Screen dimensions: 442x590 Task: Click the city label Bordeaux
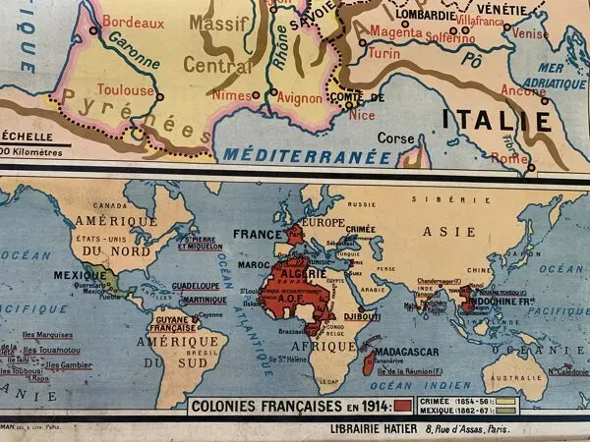point(133,21)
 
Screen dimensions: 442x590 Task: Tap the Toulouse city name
point(127,90)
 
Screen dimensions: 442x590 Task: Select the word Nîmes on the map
point(231,95)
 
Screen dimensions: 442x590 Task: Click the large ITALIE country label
point(497,121)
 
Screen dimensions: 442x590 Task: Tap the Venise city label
point(531,32)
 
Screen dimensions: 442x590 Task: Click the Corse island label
point(396,138)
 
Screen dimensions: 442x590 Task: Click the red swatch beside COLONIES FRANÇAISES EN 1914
point(402,405)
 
